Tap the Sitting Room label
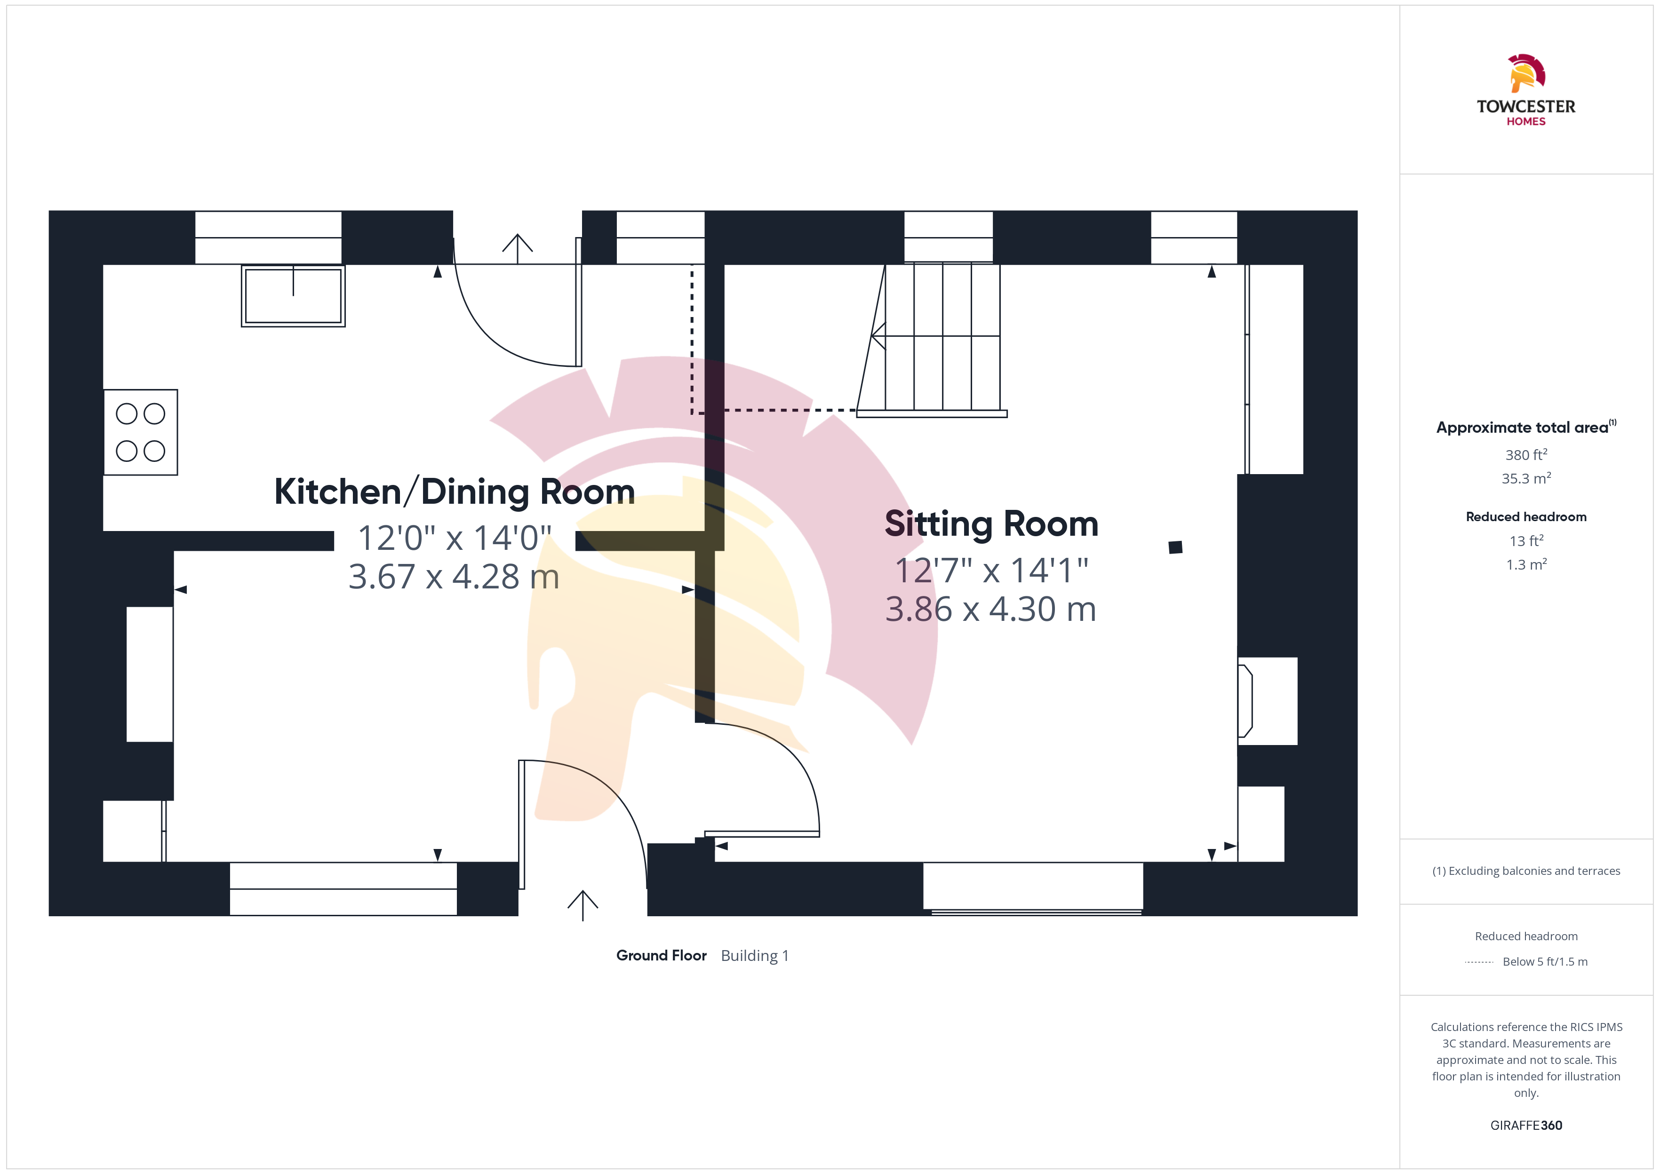pos(991,524)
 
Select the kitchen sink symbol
pos(293,296)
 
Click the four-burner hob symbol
pos(140,432)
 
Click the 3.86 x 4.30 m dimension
pos(990,610)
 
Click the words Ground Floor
pos(661,956)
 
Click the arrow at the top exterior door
pos(518,249)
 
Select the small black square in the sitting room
pos(1175,547)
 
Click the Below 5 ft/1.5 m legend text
pos(1545,961)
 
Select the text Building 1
pos(755,956)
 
